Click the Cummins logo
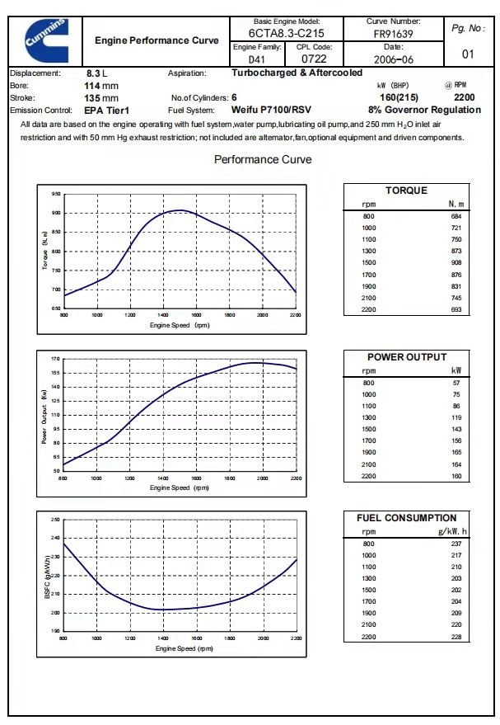click(x=45, y=39)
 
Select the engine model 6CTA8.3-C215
click(x=286, y=34)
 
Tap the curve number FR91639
click(x=393, y=34)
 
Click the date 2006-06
click(x=393, y=59)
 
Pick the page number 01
click(x=468, y=55)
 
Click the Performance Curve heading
click(x=263, y=159)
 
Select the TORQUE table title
click(x=406, y=191)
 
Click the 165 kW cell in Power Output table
click(x=456, y=453)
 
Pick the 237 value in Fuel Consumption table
click(x=456, y=544)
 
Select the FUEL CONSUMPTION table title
click(x=406, y=518)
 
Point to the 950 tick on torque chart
click(x=56, y=194)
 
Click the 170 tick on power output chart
click(x=56, y=360)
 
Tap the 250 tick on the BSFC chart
click(x=56, y=520)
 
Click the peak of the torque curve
click(x=181, y=210)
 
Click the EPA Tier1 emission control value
click(x=107, y=110)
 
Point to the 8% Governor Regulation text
click(x=424, y=110)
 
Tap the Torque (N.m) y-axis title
click(x=45, y=251)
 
